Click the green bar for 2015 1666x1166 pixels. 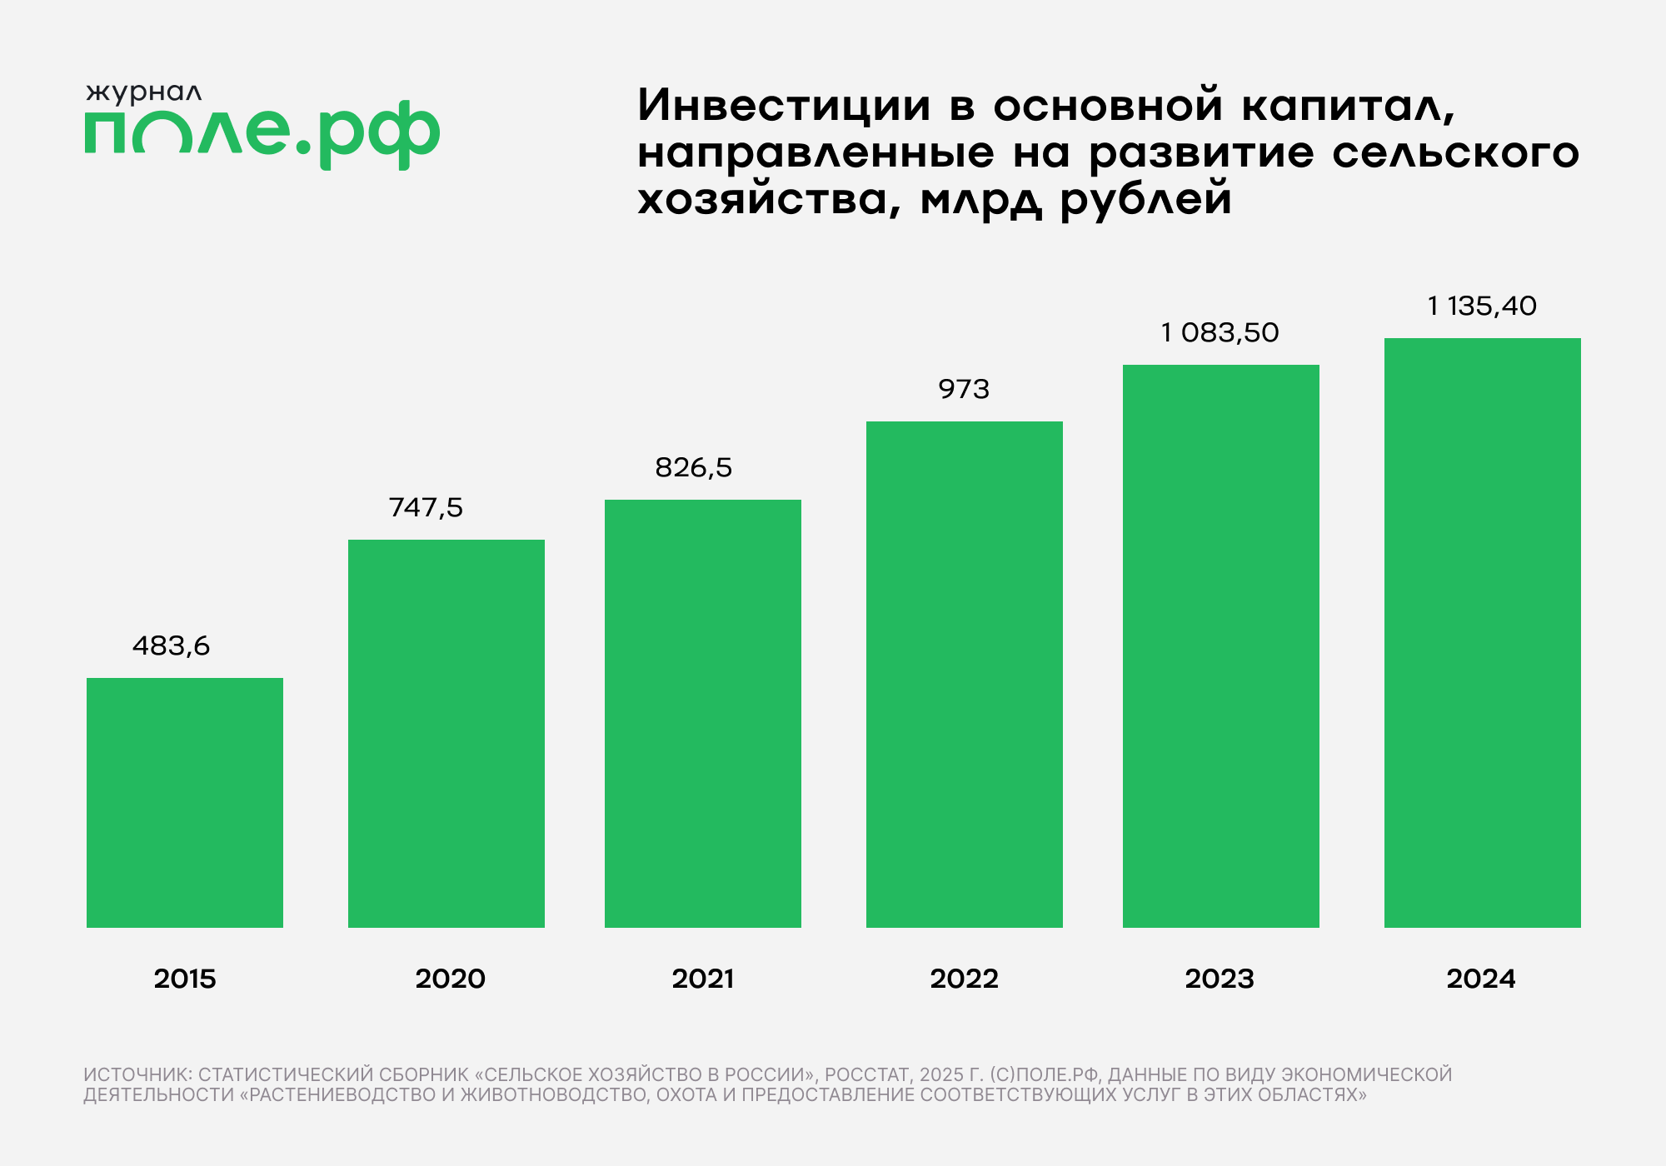185,802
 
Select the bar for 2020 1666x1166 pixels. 446,733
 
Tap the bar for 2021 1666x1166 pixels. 703,713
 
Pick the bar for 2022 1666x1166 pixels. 965,674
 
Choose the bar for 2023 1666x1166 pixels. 1221,645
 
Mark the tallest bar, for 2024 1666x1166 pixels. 1483,632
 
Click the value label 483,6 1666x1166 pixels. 172,645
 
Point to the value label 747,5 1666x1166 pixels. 426,507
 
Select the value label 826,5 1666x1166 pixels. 693,467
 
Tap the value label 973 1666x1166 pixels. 964,389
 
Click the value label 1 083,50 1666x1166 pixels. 1220,332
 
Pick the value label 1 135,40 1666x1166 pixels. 1482,306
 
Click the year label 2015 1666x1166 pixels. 185,979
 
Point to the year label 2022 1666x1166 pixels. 964,979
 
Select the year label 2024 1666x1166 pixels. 1481,979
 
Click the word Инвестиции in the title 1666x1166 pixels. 784,106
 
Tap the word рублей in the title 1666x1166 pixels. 1145,200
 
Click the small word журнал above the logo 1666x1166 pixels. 143,93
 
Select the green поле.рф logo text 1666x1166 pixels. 262,133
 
